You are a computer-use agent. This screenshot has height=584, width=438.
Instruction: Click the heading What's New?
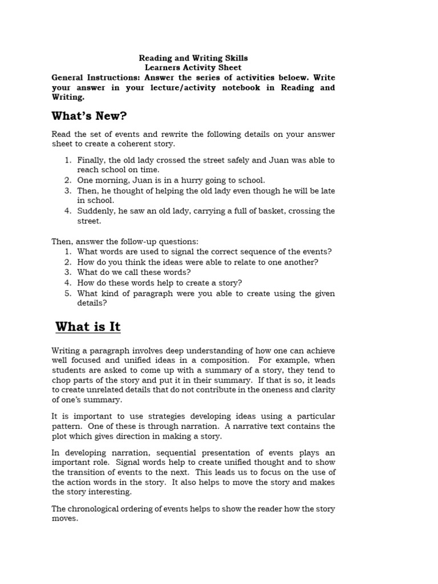[x=89, y=116]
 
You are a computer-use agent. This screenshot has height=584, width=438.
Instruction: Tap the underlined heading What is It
[x=88, y=327]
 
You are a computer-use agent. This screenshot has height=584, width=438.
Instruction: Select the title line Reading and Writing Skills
[x=194, y=58]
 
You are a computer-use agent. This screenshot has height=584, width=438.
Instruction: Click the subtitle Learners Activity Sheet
[x=193, y=68]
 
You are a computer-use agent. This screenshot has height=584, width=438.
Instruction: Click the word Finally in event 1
[x=90, y=160]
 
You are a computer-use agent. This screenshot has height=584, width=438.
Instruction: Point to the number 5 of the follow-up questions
[x=67, y=293]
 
